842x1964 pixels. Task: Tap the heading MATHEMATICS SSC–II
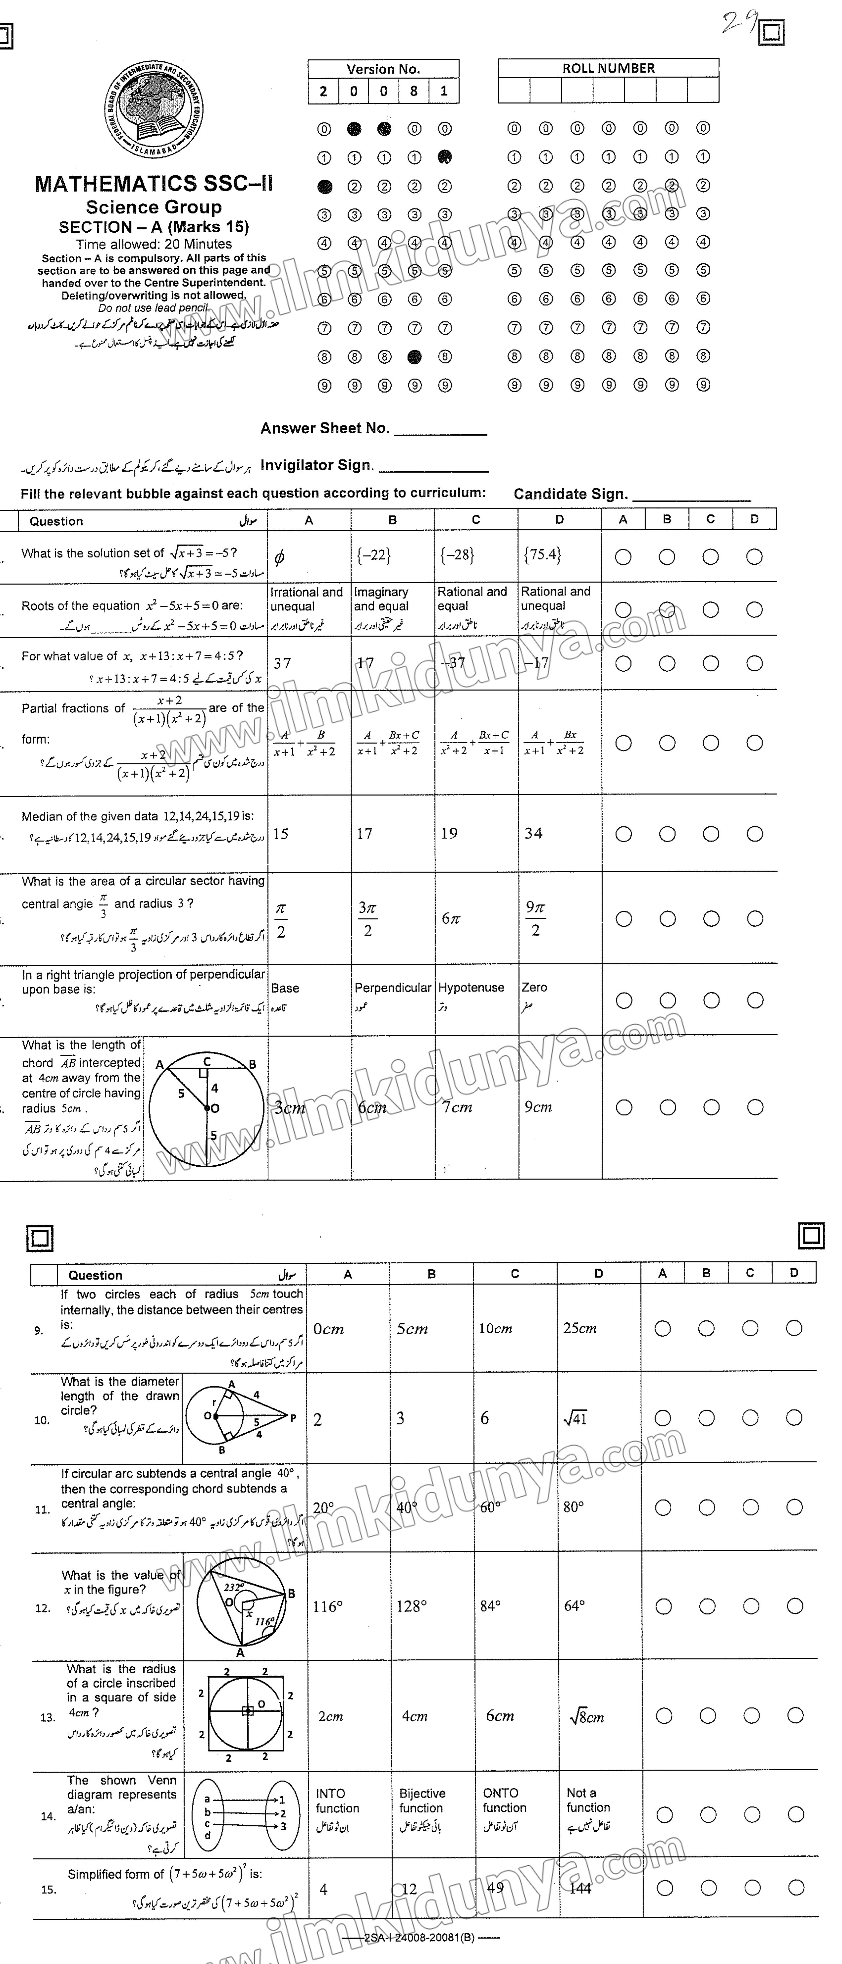pyautogui.click(x=154, y=184)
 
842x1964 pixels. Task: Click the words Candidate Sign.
pyautogui.click(x=571, y=494)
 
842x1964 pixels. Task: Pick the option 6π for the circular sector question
pyautogui.click(x=451, y=919)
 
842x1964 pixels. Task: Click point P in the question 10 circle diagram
pyautogui.click(x=292, y=1418)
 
